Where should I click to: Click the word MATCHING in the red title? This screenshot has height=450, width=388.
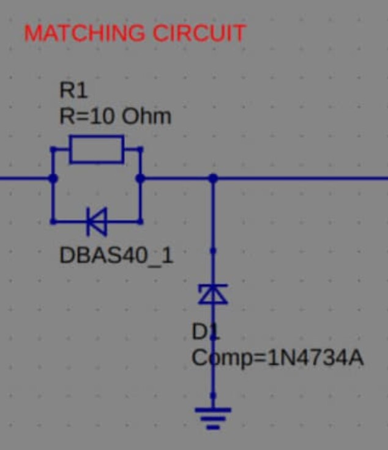click(x=84, y=33)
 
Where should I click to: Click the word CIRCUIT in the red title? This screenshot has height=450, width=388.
click(x=200, y=33)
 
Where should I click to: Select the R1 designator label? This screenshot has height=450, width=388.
click(x=73, y=90)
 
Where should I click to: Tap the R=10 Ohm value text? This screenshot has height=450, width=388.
click(x=115, y=117)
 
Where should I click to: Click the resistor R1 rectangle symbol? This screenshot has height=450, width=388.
click(x=97, y=149)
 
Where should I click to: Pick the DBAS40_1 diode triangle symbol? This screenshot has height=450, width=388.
click(x=97, y=221)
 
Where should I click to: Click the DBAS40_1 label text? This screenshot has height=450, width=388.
click(x=116, y=256)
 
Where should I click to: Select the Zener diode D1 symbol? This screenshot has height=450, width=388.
click(x=213, y=294)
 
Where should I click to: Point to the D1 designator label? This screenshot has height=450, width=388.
click(x=206, y=332)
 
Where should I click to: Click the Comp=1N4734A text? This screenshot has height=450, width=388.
click(x=277, y=358)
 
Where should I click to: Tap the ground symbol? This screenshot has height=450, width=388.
click(x=213, y=419)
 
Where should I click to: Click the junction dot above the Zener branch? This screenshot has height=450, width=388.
click(x=213, y=178)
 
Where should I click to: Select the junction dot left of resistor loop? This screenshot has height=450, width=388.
click(x=53, y=178)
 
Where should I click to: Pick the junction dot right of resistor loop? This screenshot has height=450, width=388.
click(x=140, y=178)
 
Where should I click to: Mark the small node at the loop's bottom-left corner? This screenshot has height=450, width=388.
click(x=53, y=221)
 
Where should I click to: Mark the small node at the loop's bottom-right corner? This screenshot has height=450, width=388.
click(x=140, y=221)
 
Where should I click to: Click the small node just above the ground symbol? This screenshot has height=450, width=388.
click(x=213, y=396)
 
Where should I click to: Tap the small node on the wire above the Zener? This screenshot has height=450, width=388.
click(x=213, y=251)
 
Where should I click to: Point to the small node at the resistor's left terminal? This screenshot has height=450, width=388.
click(x=53, y=149)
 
